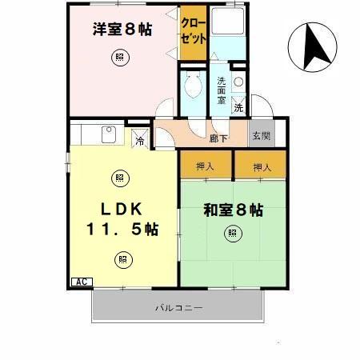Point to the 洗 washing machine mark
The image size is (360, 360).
[x=238, y=107]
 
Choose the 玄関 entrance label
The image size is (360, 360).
[x=262, y=137]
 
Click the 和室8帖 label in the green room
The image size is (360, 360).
[x=233, y=211]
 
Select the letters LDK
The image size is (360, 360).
[x=122, y=209]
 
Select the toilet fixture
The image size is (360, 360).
[x=192, y=83]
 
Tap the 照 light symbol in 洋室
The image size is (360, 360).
[x=119, y=58]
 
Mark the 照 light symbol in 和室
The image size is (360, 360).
[x=231, y=234]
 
